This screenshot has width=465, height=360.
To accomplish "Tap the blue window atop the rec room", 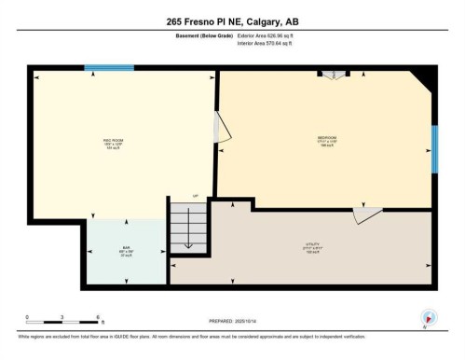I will [x=103, y=68].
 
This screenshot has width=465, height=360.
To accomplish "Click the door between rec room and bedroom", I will [x=220, y=128].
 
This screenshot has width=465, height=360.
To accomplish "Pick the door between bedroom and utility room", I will [x=366, y=215].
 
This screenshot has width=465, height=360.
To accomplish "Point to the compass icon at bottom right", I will [x=428, y=318].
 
